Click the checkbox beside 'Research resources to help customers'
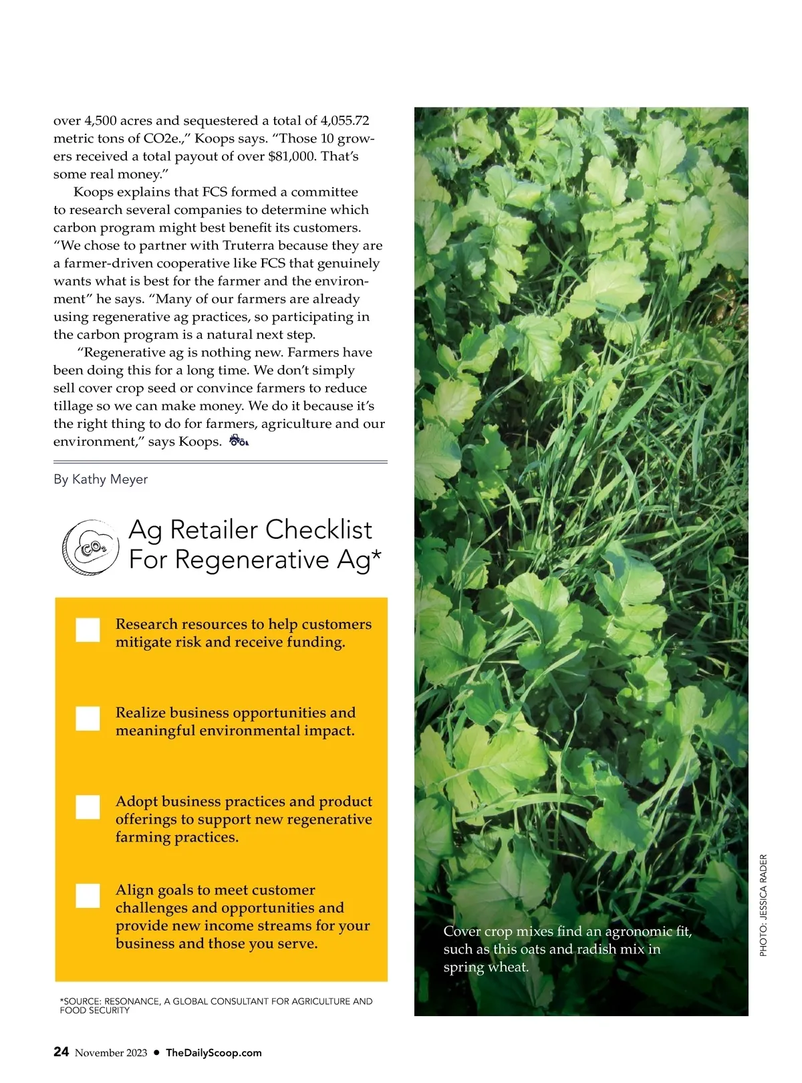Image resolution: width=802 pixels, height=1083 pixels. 88,630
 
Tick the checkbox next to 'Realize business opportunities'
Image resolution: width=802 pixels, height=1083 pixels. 88,719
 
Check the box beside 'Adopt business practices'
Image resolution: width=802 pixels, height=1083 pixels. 88,807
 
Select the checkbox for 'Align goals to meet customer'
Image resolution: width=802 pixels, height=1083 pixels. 88,896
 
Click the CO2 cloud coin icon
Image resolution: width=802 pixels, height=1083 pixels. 90,548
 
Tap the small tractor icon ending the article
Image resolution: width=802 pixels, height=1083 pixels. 239,441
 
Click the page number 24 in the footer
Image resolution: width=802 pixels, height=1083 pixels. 61,1052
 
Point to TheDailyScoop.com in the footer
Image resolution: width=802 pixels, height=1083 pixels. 214,1053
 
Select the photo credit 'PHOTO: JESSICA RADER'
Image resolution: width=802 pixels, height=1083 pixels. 764,905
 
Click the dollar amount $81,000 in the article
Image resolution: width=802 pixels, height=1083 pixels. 291,156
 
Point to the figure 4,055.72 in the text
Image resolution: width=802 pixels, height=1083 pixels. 345,121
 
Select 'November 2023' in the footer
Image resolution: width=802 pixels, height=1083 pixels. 111,1053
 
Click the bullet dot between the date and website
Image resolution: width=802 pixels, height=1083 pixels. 156,1052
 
